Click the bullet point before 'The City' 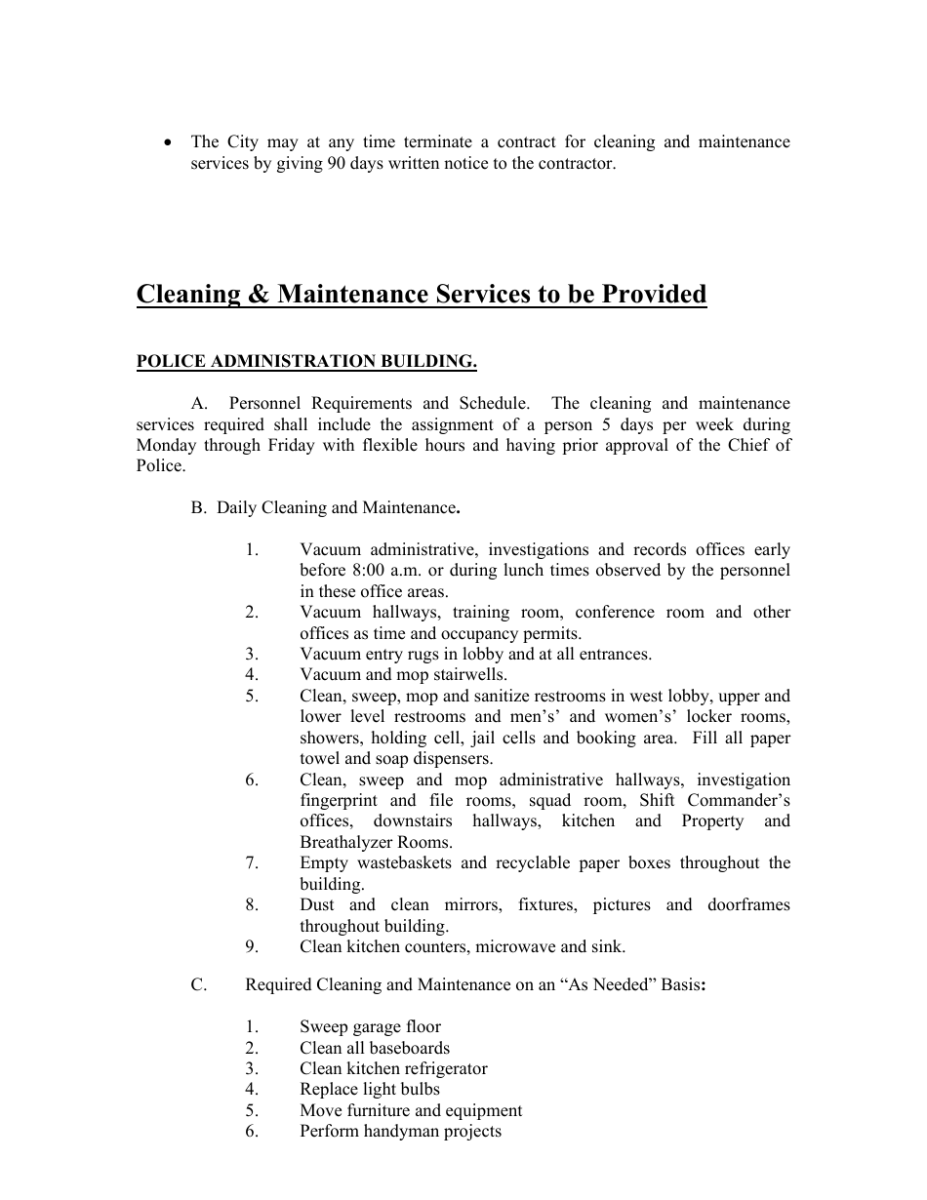click(x=170, y=142)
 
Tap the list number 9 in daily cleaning click(x=252, y=947)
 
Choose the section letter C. click(x=198, y=985)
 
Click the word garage click(x=375, y=1027)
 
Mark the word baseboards click(x=409, y=1049)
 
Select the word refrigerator click(x=439, y=1069)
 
